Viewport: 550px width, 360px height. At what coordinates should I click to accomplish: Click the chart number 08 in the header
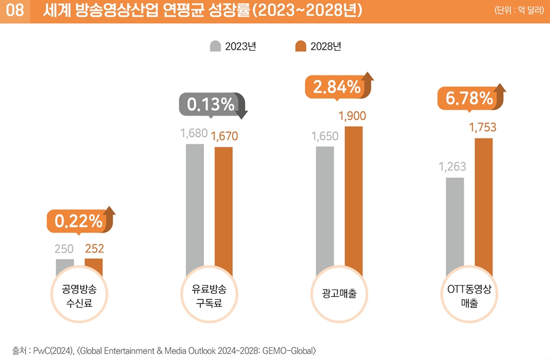pyautogui.click(x=14, y=11)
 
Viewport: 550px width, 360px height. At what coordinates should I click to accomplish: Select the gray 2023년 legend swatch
pyautogui.click(x=216, y=46)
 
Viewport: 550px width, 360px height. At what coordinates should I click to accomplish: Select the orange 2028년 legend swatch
pyautogui.click(x=301, y=46)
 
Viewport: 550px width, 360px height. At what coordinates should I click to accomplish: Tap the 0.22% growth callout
pyautogui.click(x=78, y=222)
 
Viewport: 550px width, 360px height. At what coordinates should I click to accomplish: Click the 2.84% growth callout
pyautogui.click(x=336, y=87)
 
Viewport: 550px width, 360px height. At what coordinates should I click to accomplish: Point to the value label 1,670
pyautogui.click(x=224, y=136)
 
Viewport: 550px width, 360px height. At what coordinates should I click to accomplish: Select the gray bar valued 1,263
pyautogui.click(x=455, y=227)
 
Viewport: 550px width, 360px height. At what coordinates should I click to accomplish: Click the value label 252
pyautogui.click(x=94, y=249)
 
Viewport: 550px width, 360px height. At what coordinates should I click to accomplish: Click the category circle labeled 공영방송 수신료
pyautogui.click(x=79, y=294)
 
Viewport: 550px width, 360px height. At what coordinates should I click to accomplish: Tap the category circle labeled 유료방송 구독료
pyautogui.click(x=209, y=294)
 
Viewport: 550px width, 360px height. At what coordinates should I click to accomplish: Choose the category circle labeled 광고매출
pyautogui.click(x=339, y=294)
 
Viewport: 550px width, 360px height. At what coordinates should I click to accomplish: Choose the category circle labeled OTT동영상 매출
pyautogui.click(x=469, y=294)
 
